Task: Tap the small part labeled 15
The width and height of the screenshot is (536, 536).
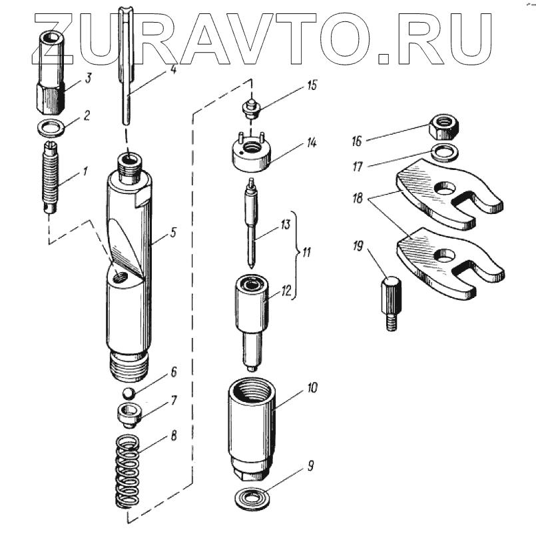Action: (x=252, y=107)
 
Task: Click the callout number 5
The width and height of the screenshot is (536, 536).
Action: (x=172, y=233)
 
